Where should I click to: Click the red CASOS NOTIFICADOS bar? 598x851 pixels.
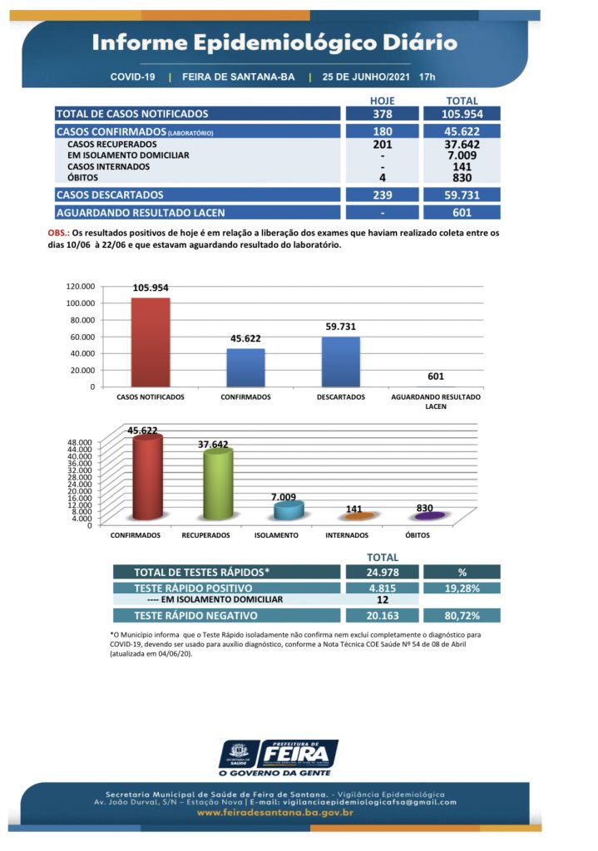(150, 342)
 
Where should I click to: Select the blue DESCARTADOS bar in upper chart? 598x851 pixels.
(340, 362)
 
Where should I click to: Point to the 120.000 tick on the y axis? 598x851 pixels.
(81, 286)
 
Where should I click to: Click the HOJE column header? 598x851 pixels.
(382, 101)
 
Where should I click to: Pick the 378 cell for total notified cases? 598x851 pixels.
(382, 114)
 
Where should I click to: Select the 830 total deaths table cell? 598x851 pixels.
(462, 178)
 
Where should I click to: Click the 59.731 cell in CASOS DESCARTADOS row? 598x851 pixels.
(462, 194)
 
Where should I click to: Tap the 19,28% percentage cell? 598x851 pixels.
(462, 588)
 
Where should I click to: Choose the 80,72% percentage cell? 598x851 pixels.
(462, 616)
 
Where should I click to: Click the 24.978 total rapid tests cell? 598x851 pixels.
(382, 572)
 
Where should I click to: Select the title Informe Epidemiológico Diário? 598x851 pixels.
(274, 42)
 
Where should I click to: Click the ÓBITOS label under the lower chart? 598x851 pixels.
(418, 535)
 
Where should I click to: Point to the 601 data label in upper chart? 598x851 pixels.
(436, 376)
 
